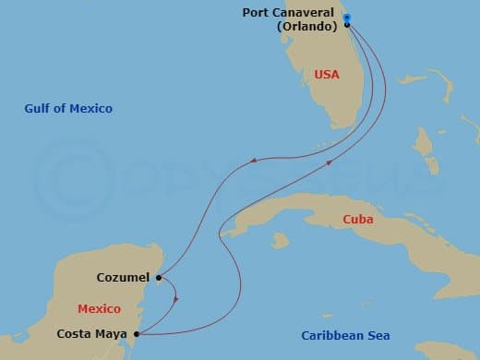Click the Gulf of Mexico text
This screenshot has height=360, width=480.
click(x=68, y=109)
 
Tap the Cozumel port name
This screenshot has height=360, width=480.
click(x=124, y=277)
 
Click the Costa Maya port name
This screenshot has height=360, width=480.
click(x=93, y=334)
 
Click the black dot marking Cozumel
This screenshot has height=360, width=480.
click(x=160, y=277)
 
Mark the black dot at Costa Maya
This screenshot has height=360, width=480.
click(x=137, y=334)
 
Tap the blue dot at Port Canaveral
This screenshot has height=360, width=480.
click(x=346, y=18)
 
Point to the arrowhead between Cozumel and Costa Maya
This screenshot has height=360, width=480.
click(x=175, y=297)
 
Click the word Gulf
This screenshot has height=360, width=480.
click(x=38, y=109)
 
